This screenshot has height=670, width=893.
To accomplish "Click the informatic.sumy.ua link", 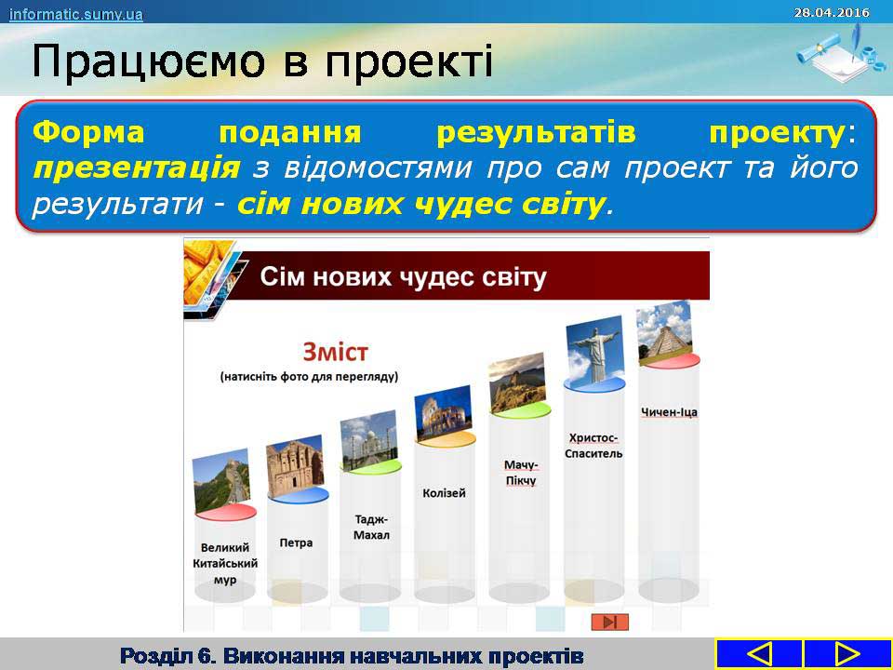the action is (x=75, y=14).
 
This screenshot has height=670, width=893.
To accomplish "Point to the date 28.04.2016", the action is (x=832, y=12).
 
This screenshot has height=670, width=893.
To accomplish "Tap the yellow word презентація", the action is (x=137, y=168).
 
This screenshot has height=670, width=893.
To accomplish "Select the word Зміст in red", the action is (x=336, y=352).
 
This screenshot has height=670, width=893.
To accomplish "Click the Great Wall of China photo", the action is (x=221, y=480).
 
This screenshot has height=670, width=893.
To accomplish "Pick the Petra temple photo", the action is (x=295, y=466).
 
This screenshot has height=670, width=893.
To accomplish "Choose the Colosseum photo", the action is (x=444, y=412).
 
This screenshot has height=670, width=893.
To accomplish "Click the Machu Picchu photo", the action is (x=517, y=382).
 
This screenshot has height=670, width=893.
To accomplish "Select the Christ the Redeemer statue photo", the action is (x=594, y=349).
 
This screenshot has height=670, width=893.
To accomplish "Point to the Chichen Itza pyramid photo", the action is (x=664, y=332).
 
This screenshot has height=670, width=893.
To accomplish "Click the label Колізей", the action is (x=445, y=493).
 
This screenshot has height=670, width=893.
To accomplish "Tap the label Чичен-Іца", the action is (x=669, y=412).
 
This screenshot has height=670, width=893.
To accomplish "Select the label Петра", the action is (x=296, y=543).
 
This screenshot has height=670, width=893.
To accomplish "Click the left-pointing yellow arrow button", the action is (x=759, y=654).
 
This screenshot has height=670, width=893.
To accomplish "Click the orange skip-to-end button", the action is (x=609, y=622).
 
